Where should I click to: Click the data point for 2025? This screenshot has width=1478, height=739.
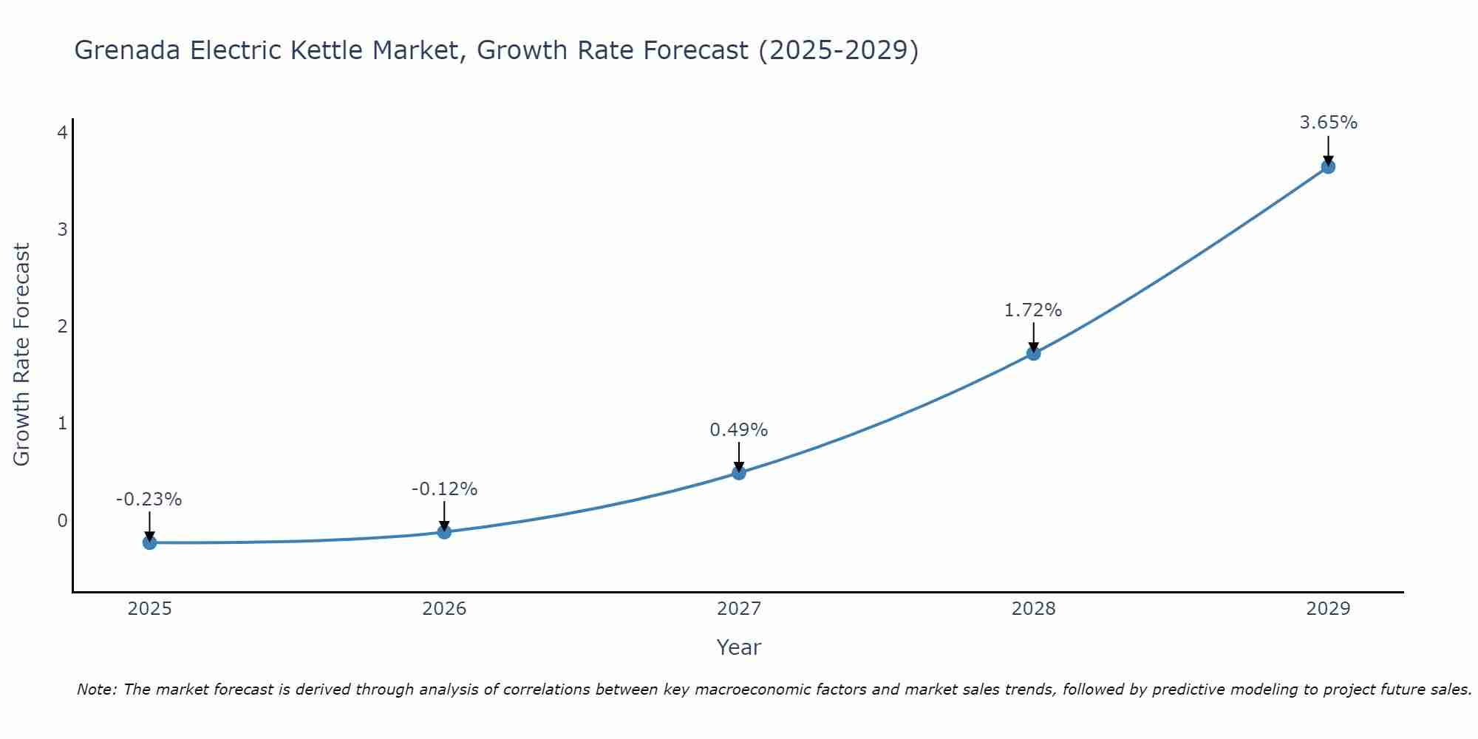coord(149,542)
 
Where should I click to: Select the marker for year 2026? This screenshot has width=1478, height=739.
coord(444,532)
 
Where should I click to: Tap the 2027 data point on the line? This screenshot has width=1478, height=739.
coord(739,473)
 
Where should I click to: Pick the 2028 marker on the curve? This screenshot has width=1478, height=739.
coord(1033,353)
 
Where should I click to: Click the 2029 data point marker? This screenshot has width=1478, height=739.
coord(1328,167)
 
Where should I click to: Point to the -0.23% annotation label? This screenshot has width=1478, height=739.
coord(149,500)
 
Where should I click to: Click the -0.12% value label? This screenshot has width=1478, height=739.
coord(444,489)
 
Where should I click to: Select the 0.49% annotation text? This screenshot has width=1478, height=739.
coord(739,429)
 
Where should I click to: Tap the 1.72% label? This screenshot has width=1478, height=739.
coord(1033,310)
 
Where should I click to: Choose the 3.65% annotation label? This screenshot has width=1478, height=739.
coord(1328,123)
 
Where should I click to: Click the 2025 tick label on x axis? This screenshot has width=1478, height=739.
coord(149,609)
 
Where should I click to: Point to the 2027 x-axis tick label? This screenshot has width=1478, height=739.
coord(739,609)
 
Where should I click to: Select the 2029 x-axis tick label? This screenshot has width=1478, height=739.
coord(1328,609)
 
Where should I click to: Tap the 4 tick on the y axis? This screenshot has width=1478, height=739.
coord(62,132)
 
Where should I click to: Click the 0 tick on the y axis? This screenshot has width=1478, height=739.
coord(62,520)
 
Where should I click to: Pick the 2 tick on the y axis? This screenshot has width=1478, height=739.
coord(62,326)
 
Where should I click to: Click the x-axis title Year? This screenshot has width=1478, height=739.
coord(739,647)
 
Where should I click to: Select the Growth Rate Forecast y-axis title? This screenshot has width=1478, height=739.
coord(22,355)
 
